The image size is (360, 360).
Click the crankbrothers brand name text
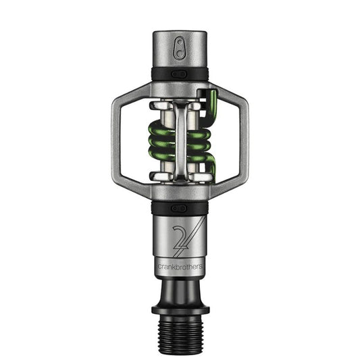click(179, 265)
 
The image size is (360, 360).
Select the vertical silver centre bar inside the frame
click(180, 142)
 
